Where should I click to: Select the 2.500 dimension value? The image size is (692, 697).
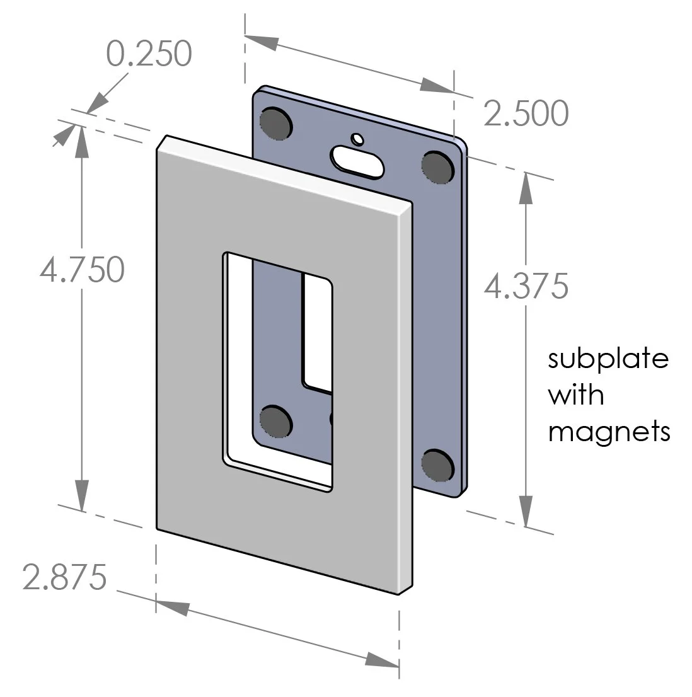tap(526, 114)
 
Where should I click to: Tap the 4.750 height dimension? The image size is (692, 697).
tap(81, 270)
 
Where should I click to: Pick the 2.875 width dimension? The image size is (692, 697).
tap(64, 577)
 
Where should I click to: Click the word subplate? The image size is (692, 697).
tap(608, 359)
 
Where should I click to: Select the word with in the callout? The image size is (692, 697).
tap(575, 396)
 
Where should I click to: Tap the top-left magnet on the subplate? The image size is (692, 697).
tap(276, 122)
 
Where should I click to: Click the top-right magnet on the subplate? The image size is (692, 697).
tap(438, 166)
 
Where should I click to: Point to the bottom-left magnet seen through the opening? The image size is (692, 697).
tap(276, 420)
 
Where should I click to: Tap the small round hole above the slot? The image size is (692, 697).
tap(357, 138)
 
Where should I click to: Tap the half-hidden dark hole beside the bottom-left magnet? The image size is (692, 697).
tap(332, 419)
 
